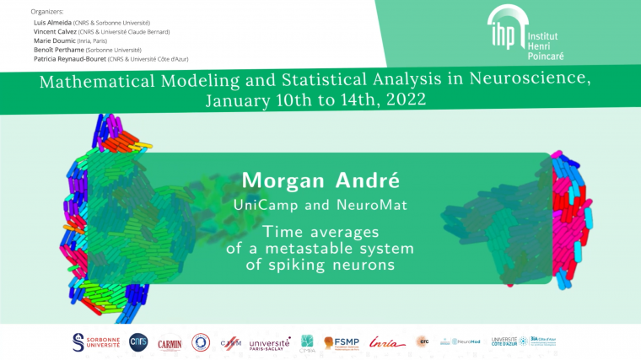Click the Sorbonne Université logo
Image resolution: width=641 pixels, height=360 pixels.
coord(97,341)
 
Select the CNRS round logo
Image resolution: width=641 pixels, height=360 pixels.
coord(138,341)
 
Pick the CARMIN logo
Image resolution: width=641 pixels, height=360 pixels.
coord(170,341)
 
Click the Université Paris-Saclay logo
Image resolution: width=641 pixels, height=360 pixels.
coord(269,341)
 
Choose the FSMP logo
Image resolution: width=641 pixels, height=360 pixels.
coord(342,341)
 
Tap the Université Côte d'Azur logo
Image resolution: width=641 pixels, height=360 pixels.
coord(504,341)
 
